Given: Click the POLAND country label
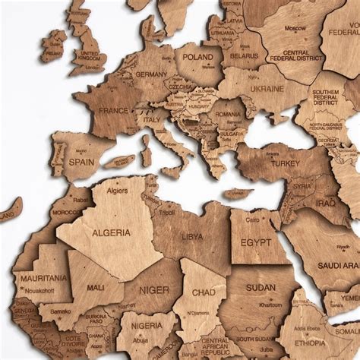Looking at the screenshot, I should click(x=197, y=57).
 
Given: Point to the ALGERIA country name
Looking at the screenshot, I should click(x=110, y=233).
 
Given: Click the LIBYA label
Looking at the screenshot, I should click(x=192, y=236).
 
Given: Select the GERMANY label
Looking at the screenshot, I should click(x=151, y=74).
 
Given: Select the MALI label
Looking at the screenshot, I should click(x=96, y=288).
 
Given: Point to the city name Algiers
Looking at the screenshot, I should click(x=116, y=191).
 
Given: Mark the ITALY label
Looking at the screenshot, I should click(x=153, y=120).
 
